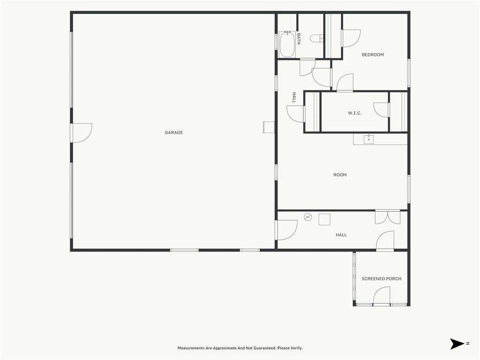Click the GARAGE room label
tap(173, 133)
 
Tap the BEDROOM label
tap(373, 55)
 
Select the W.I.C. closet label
tap(354, 113)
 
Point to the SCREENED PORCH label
tap(382, 278)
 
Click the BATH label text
tap(299, 39)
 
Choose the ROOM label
tap(340, 175)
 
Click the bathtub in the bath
tap(287, 45)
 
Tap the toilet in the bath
tap(316, 38)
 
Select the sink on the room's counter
tap(368, 139)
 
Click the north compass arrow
tap(457, 344)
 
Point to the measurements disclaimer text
tap(240, 348)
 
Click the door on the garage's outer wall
tap(81, 133)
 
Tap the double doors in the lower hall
tap(388, 217)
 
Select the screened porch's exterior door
tap(382, 296)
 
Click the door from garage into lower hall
tap(286, 230)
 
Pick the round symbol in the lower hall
tap(307, 217)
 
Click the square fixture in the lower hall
tap(324, 219)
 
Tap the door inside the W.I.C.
tap(382, 110)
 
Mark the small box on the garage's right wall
tap(269, 127)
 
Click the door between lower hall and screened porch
tap(385, 241)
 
